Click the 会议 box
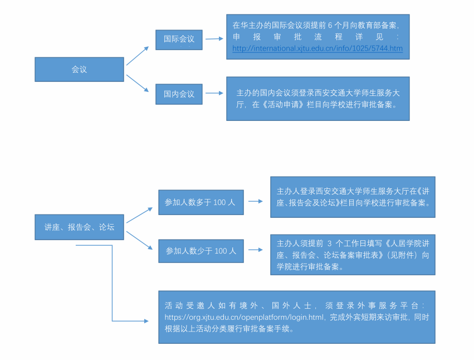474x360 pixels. pos(79,70)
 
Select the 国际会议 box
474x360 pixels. pos(179,40)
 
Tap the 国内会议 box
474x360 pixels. pos(179,94)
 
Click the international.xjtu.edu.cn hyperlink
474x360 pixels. pos(317,48)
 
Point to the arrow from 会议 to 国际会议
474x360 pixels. pos(138,56)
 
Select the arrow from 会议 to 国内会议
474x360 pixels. pos(138,83)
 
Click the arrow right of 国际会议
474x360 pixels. pos(214,39)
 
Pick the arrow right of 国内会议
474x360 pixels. pos(214,94)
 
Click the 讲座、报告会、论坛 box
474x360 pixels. pos(79,227)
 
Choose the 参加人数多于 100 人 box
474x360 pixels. pos(201,202)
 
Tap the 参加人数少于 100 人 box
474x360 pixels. pos(201,251)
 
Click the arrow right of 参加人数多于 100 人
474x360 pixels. pos(256,201)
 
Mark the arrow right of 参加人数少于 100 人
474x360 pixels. pos(256,250)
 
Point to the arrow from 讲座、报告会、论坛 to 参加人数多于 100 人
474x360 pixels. pos(139,215)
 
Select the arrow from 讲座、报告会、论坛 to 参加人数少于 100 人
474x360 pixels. pos(139,240)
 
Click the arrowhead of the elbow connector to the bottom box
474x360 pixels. pos(146,321)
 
